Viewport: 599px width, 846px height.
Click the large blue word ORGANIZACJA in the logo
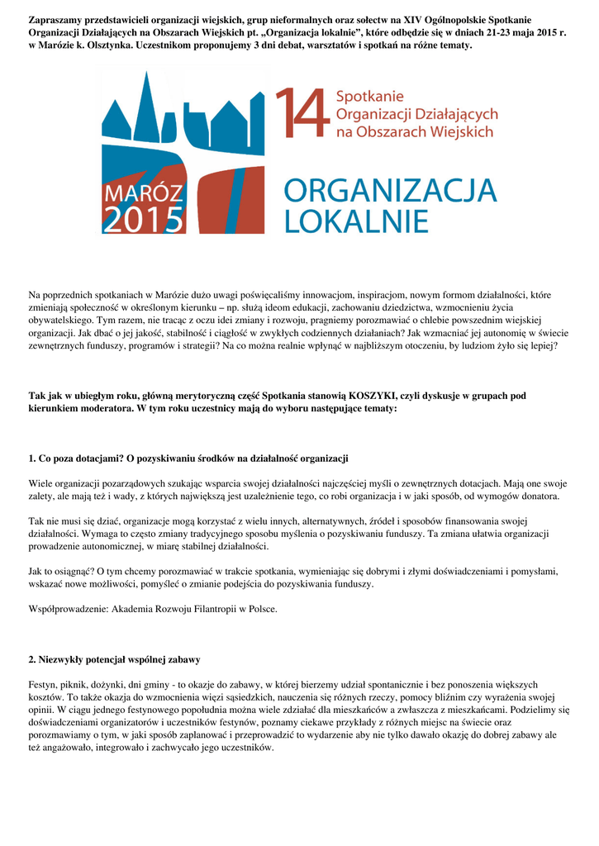pos(391,192)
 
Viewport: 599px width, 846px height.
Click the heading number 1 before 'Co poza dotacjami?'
pos(31,458)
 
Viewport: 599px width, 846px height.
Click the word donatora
pos(537,497)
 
